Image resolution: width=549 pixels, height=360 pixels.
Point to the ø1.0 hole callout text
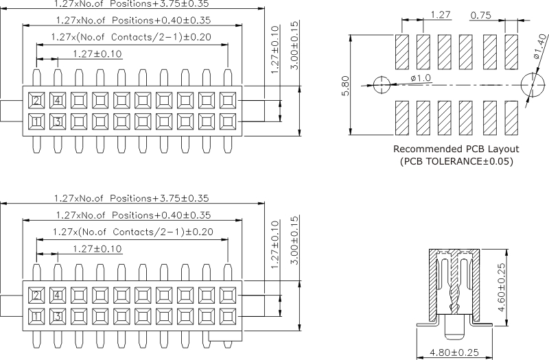[x=421, y=78]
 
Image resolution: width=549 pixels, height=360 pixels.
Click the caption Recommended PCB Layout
[x=456, y=149]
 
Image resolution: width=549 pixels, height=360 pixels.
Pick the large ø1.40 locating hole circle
[x=534, y=85]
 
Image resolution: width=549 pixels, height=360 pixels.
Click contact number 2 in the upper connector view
[x=36, y=101]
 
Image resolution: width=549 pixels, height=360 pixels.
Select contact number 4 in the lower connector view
[x=58, y=296]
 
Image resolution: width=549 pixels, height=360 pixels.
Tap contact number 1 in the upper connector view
[x=36, y=122]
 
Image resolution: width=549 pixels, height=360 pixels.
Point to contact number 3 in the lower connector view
[x=58, y=317]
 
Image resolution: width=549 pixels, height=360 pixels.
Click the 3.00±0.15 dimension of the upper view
[x=294, y=45]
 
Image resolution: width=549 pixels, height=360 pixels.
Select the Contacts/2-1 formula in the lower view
[x=131, y=232]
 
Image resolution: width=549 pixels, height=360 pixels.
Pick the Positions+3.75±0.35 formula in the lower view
[x=131, y=197]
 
